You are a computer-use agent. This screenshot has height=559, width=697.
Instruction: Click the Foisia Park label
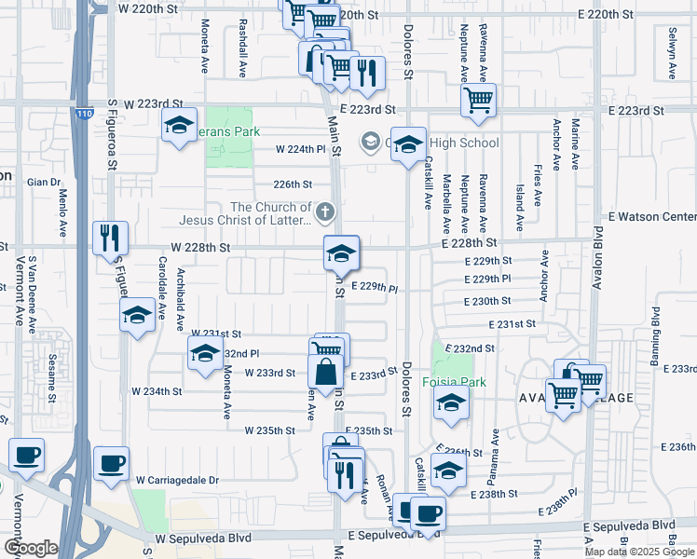(x=455, y=381)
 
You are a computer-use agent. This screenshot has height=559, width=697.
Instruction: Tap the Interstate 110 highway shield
(x=85, y=114)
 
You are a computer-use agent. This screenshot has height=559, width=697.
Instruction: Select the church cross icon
(x=324, y=212)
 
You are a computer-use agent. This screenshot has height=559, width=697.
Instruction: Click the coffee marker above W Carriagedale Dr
(x=111, y=462)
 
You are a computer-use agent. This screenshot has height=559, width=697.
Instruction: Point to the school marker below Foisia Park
(x=451, y=402)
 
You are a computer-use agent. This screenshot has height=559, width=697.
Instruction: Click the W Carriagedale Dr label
(x=176, y=480)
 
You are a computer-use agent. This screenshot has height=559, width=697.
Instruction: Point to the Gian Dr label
(x=44, y=183)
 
